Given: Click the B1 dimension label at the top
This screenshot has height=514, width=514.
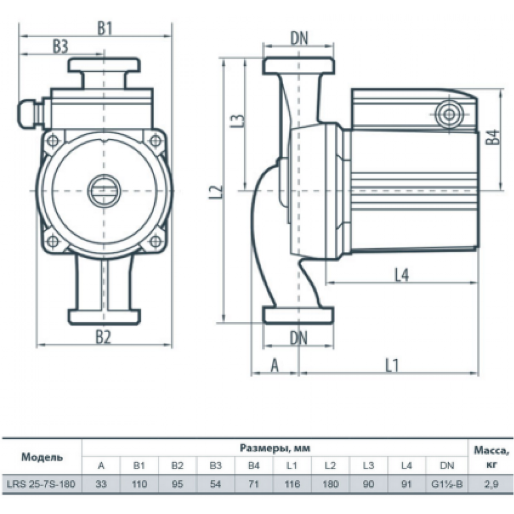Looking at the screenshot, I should [x=105, y=29].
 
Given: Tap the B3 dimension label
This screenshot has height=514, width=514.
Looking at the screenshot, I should [x=60, y=46].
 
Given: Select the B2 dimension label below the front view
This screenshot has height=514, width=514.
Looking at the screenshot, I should [x=103, y=337].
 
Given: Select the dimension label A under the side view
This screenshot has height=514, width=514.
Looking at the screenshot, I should [x=274, y=365].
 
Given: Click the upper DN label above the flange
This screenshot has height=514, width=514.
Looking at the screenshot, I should [x=299, y=37].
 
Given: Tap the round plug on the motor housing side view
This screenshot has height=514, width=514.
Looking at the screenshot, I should [x=448, y=113].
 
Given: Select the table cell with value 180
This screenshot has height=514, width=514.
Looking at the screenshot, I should [x=330, y=484].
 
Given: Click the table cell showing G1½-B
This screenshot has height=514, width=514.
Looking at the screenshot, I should [x=447, y=484].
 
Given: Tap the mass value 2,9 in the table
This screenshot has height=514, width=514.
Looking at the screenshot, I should [x=491, y=484].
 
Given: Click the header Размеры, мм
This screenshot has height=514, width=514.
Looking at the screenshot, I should [x=275, y=448].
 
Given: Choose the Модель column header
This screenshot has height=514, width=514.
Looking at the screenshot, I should [x=42, y=456].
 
